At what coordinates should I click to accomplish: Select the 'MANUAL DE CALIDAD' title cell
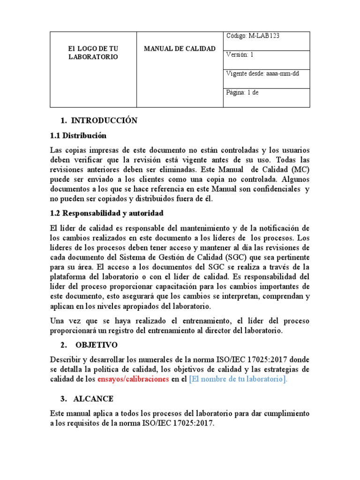pos(179,49)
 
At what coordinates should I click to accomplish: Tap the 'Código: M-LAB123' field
pos(253,37)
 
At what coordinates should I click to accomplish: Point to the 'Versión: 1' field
pos(240,54)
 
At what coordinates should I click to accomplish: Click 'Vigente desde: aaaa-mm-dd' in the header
pos(262,74)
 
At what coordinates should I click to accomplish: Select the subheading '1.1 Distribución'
pos(78,136)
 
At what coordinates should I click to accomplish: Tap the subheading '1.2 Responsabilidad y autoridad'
pos(106,213)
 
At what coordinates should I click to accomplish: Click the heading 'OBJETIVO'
pos(96,345)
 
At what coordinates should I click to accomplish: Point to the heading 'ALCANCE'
pos(93,399)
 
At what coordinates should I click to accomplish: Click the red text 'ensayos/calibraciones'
pos(133,380)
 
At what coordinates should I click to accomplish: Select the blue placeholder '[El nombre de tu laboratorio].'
pos(238,380)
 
